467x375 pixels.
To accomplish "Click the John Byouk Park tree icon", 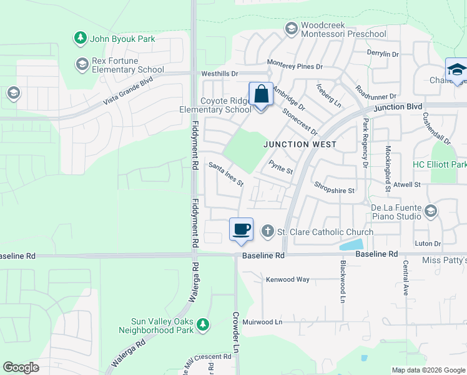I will coord(81,39).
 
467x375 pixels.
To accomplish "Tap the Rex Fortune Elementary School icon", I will coord(82,64).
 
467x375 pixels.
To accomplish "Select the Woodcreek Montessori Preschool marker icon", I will coord(291,28).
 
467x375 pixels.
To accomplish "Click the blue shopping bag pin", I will coord(261,95).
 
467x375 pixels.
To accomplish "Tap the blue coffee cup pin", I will coord(241,229).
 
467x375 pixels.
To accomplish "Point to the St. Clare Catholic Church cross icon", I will coord(267,232).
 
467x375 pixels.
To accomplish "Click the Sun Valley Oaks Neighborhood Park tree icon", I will coord(202,325).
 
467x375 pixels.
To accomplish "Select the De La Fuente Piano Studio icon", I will coord(430,211).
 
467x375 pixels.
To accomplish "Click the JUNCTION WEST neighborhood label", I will coord(300,144).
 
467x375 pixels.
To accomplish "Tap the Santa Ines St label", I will coord(226,174).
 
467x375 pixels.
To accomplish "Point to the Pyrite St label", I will coord(280,167).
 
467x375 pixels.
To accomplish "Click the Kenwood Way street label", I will coord(288,279).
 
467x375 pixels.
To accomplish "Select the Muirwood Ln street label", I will coord(262,322).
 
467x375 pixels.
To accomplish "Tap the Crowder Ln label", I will coord(236,334).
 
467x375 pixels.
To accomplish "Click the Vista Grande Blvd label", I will coord(128,91).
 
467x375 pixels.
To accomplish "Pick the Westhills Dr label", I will coord(220,74).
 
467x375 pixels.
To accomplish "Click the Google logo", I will coord(21,367).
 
